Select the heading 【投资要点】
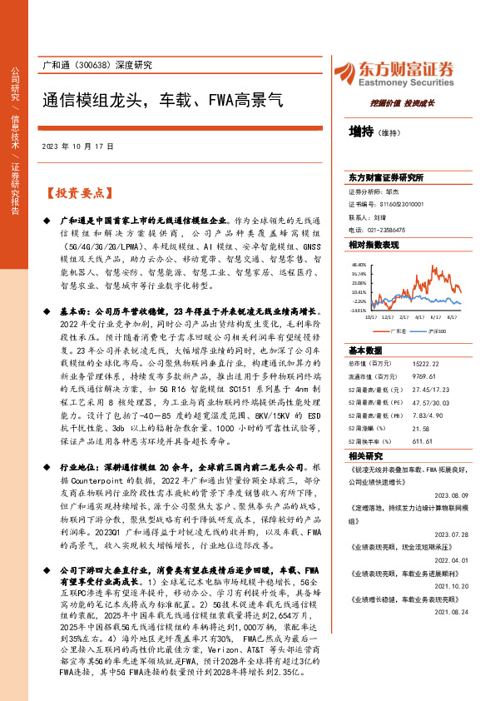77,193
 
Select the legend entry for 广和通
398,330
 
